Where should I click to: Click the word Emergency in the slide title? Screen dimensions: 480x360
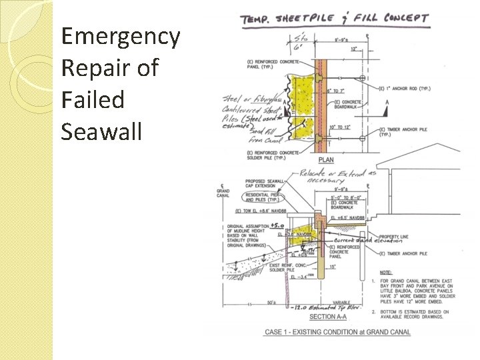tap(120, 36)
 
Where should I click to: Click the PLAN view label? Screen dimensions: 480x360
tap(326, 160)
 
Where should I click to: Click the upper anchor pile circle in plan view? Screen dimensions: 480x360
tap(361, 79)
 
